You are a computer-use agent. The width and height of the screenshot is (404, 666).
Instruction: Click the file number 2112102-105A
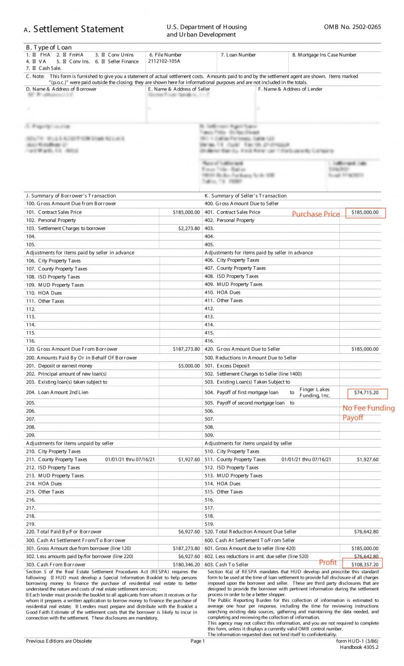click(x=164, y=62)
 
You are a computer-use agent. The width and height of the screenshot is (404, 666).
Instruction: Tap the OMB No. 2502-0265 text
click(x=352, y=27)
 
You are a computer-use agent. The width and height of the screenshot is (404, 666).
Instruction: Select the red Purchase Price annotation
click(x=316, y=214)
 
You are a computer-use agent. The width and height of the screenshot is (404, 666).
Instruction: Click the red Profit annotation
click(x=327, y=562)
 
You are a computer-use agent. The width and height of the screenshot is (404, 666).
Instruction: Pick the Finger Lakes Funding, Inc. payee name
click(x=314, y=392)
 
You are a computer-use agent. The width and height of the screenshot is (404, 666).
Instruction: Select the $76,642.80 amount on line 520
click(x=366, y=531)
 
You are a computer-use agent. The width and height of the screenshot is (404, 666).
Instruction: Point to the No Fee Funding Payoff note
click(x=368, y=412)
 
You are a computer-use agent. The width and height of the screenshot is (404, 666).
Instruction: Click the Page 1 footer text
click(x=197, y=641)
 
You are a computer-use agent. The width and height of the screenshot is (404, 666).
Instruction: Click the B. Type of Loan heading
click(x=48, y=47)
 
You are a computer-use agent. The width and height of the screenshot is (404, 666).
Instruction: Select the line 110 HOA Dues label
click(x=44, y=292)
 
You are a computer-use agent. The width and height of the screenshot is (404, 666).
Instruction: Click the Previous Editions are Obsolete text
click(x=59, y=641)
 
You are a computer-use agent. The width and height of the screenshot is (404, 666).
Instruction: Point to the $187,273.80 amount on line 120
click(x=186, y=349)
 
